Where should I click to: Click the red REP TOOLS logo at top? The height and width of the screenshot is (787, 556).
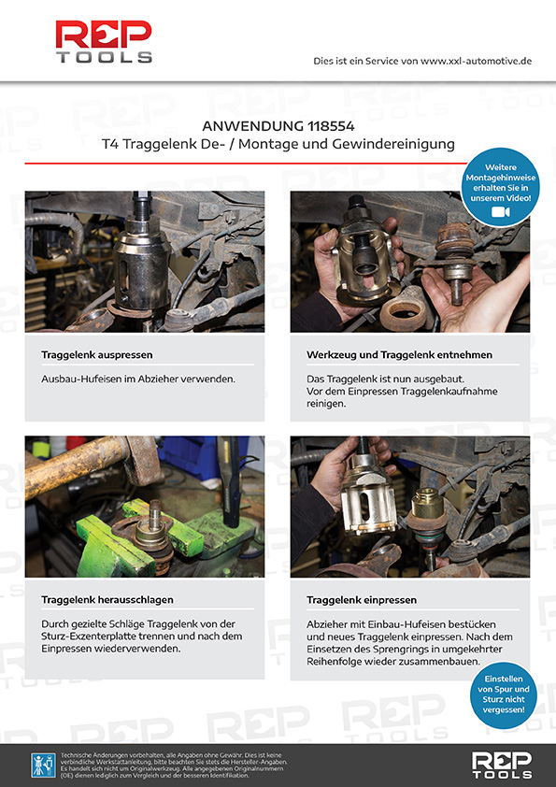(x=103, y=41)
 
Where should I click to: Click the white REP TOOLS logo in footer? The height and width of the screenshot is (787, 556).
(x=502, y=764)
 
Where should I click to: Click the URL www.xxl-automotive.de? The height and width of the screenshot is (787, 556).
(x=476, y=61)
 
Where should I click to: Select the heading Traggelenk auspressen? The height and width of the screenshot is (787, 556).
(x=97, y=355)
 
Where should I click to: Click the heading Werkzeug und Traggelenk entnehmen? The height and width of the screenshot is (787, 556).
(x=399, y=355)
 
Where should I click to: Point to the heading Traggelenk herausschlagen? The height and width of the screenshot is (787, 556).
(x=107, y=599)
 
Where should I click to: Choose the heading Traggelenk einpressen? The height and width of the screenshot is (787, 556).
(x=362, y=599)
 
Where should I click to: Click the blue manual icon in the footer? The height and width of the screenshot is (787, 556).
(x=42, y=765)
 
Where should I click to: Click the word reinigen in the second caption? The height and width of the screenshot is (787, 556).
(x=329, y=403)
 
